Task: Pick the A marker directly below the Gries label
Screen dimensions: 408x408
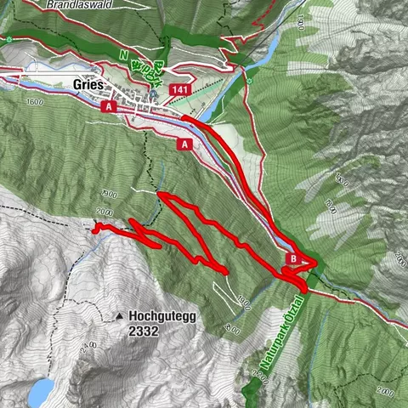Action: [107, 107]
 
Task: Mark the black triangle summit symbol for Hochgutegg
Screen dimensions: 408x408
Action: [120, 316]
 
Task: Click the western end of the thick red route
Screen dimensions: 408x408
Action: [95, 228]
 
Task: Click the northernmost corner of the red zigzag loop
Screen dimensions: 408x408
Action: [162, 196]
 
